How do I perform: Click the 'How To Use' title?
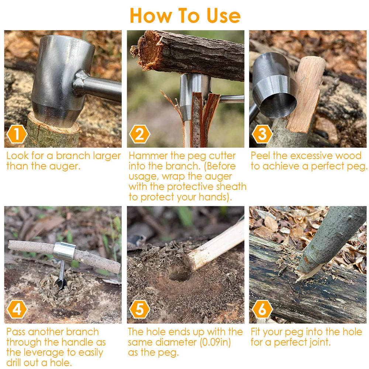(x=185, y=15)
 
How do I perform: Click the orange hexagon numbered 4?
(x=17, y=309)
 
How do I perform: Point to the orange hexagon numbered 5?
(x=139, y=309)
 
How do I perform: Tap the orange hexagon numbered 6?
(x=262, y=309)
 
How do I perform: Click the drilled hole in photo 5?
(x=179, y=274)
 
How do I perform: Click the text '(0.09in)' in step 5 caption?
(x=215, y=342)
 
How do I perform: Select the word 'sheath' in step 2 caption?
(x=231, y=187)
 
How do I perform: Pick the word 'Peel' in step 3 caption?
(x=260, y=156)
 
